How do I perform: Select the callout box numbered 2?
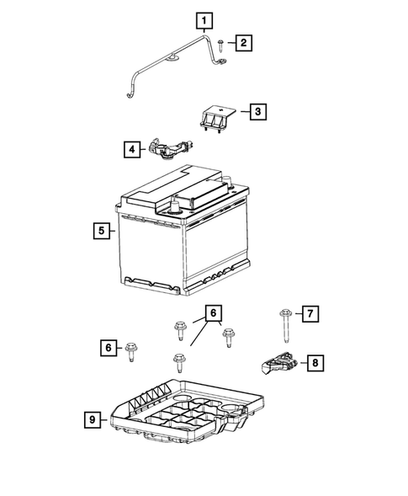click(x=242, y=42)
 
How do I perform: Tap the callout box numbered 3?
click(x=257, y=110)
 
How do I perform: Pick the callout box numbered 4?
click(x=131, y=151)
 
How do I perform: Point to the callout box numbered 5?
click(x=101, y=229)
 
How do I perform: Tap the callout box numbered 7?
click(x=310, y=314)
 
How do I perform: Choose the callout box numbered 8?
click(x=315, y=363)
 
